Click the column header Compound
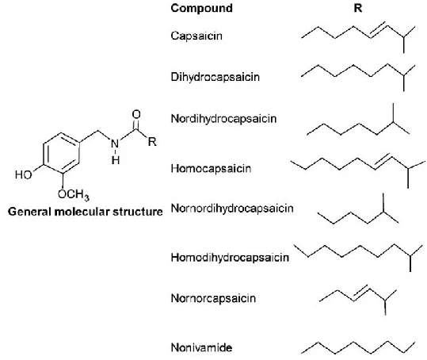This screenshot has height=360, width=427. point(201,8)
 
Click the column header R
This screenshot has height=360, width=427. point(358,8)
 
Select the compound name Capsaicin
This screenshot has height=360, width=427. point(196,36)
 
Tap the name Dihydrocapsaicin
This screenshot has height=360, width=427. point(215,77)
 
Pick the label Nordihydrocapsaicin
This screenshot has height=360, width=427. point(223,119)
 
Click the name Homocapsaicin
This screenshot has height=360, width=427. point(211,168)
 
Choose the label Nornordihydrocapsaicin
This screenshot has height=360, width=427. point(232,209)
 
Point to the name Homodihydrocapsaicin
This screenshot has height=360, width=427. point(230,258)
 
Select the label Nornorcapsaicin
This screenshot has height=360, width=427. point(213,298)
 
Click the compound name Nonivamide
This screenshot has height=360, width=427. point(201,348)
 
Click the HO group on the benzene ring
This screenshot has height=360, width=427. point(24,174)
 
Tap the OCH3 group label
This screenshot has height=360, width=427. point(74,194)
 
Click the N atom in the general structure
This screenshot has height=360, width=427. point(115,144)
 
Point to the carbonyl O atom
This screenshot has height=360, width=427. point(136,114)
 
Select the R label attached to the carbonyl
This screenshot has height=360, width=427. point(152,142)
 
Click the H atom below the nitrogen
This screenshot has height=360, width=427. point(116,160)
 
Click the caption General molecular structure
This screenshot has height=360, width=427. point(86,212)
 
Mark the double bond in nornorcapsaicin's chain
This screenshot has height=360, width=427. point(361,293)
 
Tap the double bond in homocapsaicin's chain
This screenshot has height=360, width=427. point(383,161)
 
